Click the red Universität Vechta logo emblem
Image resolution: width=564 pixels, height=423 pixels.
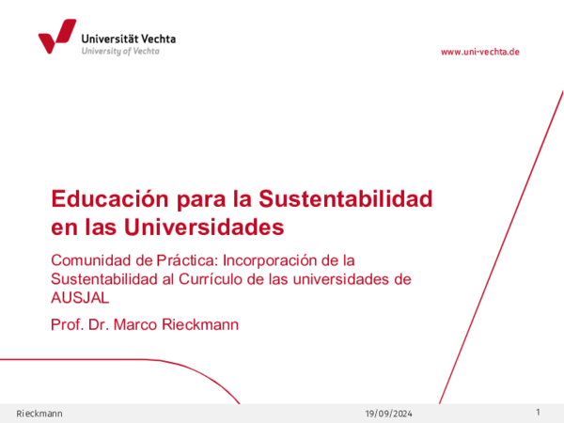pos(56,38)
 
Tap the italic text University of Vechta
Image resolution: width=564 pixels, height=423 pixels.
pos(120,51)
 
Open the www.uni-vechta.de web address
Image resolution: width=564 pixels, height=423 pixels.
pos(479,52)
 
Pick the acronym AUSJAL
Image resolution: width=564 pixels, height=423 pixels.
pos(80,299)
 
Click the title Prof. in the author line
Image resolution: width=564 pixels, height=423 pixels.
pos(67,324)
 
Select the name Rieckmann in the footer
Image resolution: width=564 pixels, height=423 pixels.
pos(40,415)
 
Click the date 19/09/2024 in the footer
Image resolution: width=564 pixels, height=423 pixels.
pos(388,415)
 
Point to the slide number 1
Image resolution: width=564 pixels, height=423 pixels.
pos(538,414)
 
